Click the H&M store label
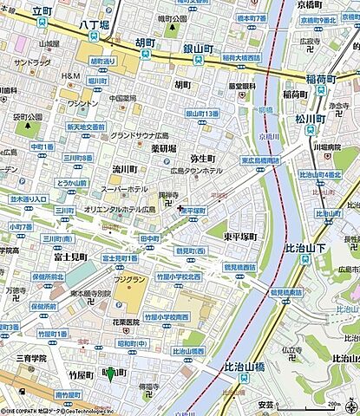point(70,76)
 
